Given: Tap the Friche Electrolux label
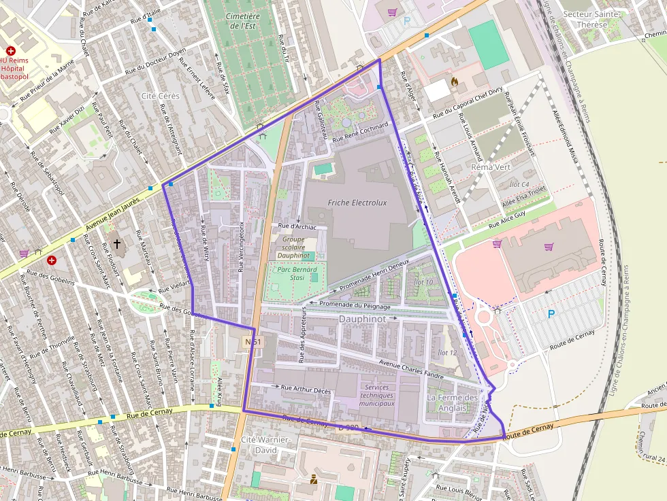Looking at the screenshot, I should pyautogui.click(x=357, y=203).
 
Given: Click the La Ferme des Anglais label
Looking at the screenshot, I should pyautogui.click(x=453, y=402).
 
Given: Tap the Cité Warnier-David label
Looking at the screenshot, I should pyautogui.click(x=266, y=445).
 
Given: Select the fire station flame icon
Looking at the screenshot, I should pyautogui.click(x=454, y=82).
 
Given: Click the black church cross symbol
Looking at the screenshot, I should pyautogui.click(x=116, y=243).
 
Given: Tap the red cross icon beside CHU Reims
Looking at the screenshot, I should pyautogui.click(x=11, y=51).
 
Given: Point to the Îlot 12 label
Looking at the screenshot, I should pyautogui.click(x=447, y=352).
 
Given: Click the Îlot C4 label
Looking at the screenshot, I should pyautogui.click(x=519, y=184).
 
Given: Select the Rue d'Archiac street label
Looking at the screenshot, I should pyautogui.click(x=297, y=226).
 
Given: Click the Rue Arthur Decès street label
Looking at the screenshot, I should pyautogui.click(x=306, y=390).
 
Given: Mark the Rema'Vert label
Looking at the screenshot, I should pyautogui.click(x=491, y=167).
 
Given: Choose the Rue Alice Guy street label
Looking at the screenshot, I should pyautogui.click(x=508, y=218).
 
